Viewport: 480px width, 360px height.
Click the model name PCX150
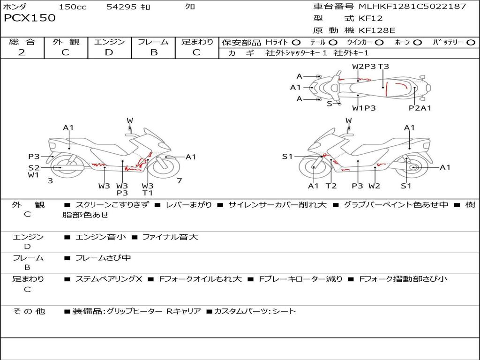[x=30, y=18]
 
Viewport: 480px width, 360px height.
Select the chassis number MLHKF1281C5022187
[x=412, y=7]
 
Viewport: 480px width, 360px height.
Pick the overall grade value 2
[x=22, y=52]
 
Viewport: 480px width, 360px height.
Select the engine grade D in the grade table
[x=109, y=52]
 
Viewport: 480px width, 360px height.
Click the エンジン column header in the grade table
[x=109, y=42]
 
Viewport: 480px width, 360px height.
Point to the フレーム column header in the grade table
[x=153, y=42]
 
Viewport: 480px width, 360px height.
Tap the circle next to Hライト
[x=296, y=43]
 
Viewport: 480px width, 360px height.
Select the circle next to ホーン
[x=418, y=43]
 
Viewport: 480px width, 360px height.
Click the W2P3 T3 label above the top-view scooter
[x=370, y=67]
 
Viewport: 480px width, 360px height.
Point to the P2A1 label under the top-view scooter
[x=420, y=108]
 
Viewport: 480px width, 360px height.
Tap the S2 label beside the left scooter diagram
[x=33, y=167]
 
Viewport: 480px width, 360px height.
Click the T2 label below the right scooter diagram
[x=331, y=186]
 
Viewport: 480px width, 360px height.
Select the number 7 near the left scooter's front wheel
[x=179, y=180]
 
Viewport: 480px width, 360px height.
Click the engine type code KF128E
[x=377, y=30]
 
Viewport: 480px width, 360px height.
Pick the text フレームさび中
[x=103, y=258]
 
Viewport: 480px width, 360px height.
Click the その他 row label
[x=29, y=311]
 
